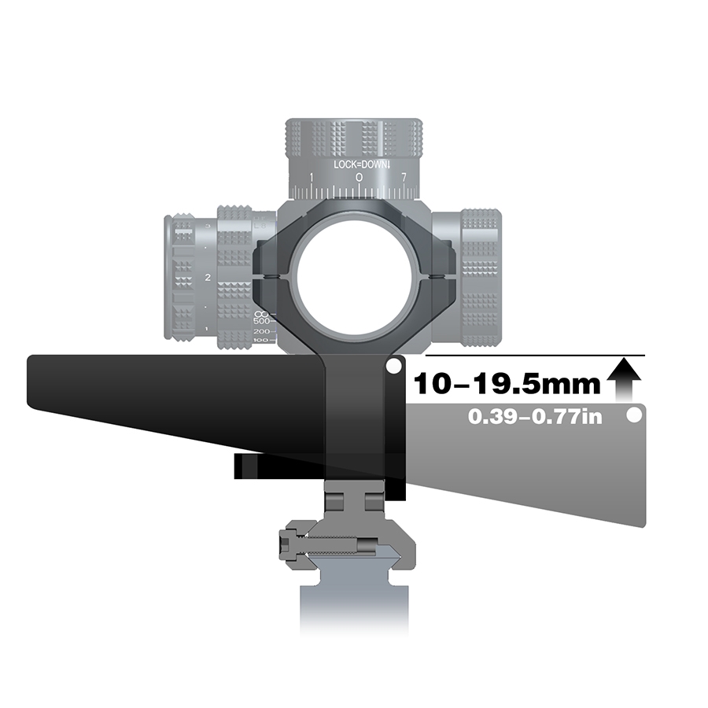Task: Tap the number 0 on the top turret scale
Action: pyautogui.click(x=359, y=179)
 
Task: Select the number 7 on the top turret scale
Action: pyautogui.click(x=404, y=179)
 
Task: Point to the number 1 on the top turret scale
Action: pyautogui.click(x=312, y=179)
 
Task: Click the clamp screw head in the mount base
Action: pyautogui.click(x=288, y=544)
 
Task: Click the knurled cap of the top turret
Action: pyautogui.click(x=355, y=138)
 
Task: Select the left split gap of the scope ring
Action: pyautogui.click(x=272, y=276)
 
